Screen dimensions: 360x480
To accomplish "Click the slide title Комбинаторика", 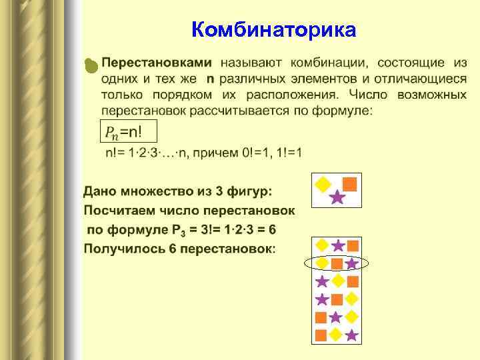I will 273,30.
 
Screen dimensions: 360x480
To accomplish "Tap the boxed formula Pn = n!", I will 128,132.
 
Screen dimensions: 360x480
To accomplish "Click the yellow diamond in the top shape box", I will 323,184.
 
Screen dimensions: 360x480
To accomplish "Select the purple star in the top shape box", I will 337,197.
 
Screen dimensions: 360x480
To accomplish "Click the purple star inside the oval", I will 352,263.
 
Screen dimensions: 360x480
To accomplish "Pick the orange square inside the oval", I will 337,263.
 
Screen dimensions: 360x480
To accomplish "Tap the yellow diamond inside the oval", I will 322,263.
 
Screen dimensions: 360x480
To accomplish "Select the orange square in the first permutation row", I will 353,245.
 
